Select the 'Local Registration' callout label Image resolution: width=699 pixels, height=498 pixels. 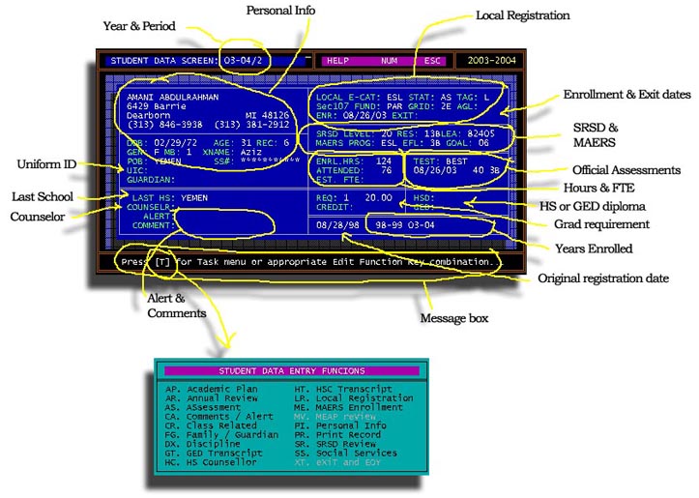coord(523,15)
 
